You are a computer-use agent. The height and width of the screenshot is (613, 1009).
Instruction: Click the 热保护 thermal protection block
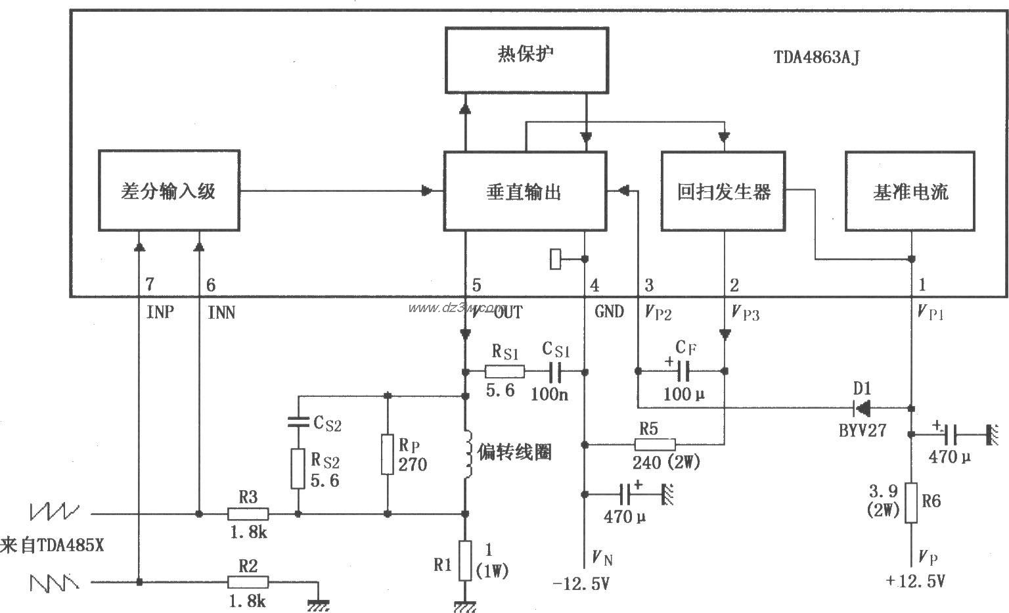point(526,60)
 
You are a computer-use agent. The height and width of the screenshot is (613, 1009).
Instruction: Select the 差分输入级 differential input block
point(169,191)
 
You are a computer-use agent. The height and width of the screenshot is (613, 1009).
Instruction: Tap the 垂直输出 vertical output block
point(524,191)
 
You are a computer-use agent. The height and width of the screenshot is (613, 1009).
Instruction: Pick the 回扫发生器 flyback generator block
point(724,191)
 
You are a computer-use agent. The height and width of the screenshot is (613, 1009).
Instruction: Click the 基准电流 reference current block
point(910,191)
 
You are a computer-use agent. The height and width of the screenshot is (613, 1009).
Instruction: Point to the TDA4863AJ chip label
point(816,57)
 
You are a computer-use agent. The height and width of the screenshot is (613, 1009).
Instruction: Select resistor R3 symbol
point(248,514)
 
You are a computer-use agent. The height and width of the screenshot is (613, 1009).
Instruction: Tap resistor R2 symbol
point(248,581)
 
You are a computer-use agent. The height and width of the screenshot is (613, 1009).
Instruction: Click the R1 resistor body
point(465,560)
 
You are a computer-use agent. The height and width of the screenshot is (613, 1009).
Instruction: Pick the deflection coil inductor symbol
point(467,454)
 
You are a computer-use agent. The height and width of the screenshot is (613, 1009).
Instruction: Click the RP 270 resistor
point(388,455)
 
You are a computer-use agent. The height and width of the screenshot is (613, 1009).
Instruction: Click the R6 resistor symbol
point(911,503)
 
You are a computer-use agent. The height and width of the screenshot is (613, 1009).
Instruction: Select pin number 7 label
point(150,285)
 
